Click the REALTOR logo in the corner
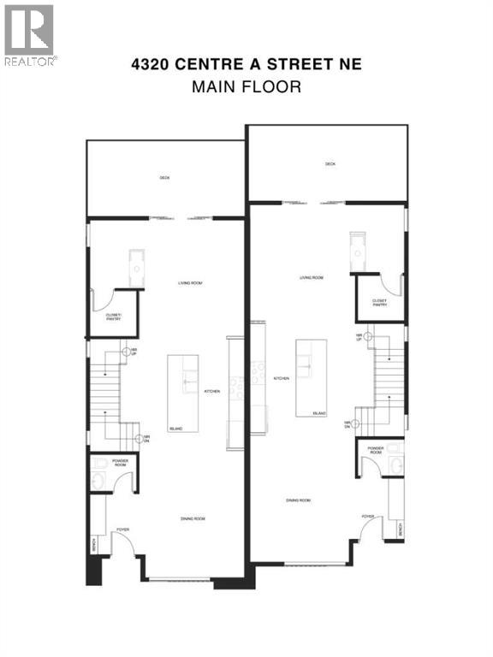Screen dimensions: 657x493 point(30,35)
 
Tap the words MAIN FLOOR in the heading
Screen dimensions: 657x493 point(246,86)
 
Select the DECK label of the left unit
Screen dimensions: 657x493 point(164,178)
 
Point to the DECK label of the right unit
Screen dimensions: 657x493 point(330,163)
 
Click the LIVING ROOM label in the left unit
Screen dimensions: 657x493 point(165,283)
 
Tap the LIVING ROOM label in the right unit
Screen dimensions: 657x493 point(311,278)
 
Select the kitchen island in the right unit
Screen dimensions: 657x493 point(311,377)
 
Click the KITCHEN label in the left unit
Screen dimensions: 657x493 point(211,392)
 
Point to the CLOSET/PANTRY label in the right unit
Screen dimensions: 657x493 point(379,303)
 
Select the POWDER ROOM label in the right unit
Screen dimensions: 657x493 point(375,449)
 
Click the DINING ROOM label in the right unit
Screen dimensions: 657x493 point(298,500)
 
